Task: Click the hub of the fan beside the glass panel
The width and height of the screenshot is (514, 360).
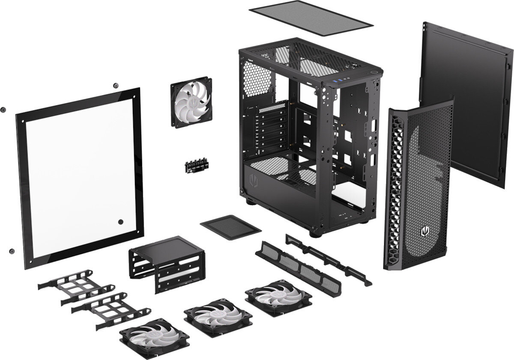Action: (x=191, y=102)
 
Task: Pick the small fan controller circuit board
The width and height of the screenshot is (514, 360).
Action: (x=197, y=167)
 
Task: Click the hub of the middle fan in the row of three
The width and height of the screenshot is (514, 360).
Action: (x=218, y=317)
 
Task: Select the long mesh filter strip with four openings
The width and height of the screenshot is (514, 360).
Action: (x=298, y=268)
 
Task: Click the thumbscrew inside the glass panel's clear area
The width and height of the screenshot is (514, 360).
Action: (x=120, y=222)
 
